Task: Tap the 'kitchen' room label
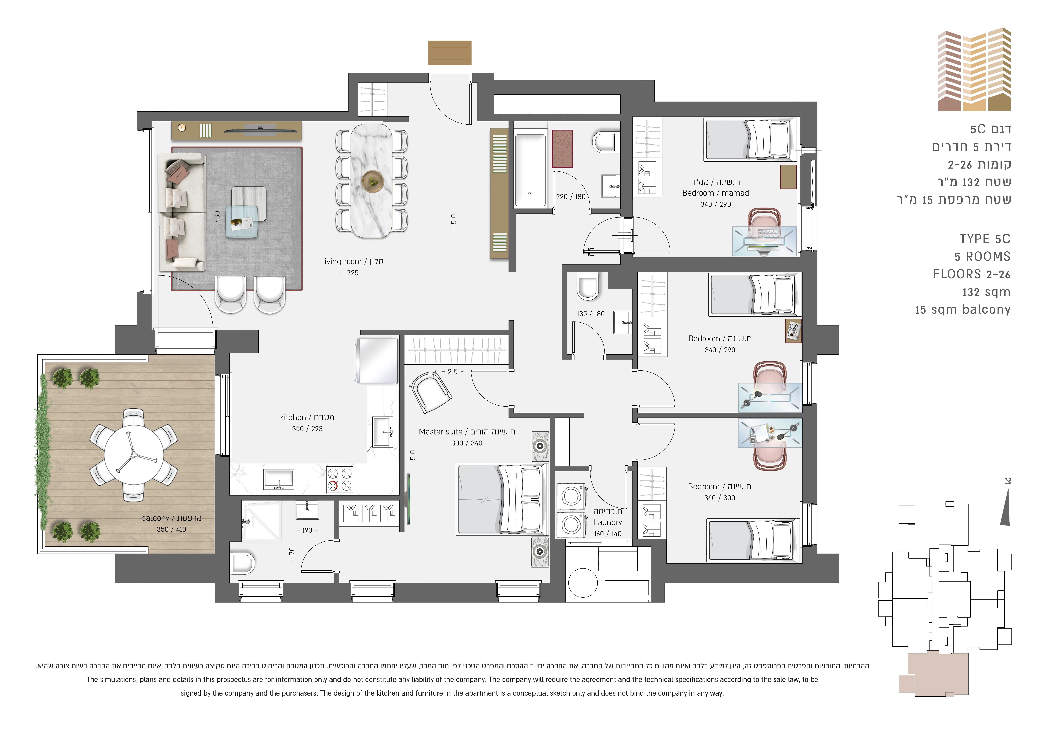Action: (x=293, y=417)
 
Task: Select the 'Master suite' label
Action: (x=440, y=432)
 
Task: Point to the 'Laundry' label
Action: (x=608, y=523)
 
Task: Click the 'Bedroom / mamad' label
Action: (x=715, y=193)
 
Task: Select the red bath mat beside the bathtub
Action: (x=562, y=148)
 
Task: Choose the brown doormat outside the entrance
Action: (x=450, y=53)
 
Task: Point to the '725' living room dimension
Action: (x=353, y=273)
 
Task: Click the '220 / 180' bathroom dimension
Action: (x=571, y=196)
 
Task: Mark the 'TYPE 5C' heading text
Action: (x=985, y=239)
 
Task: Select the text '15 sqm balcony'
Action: (x=963, y=310)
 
